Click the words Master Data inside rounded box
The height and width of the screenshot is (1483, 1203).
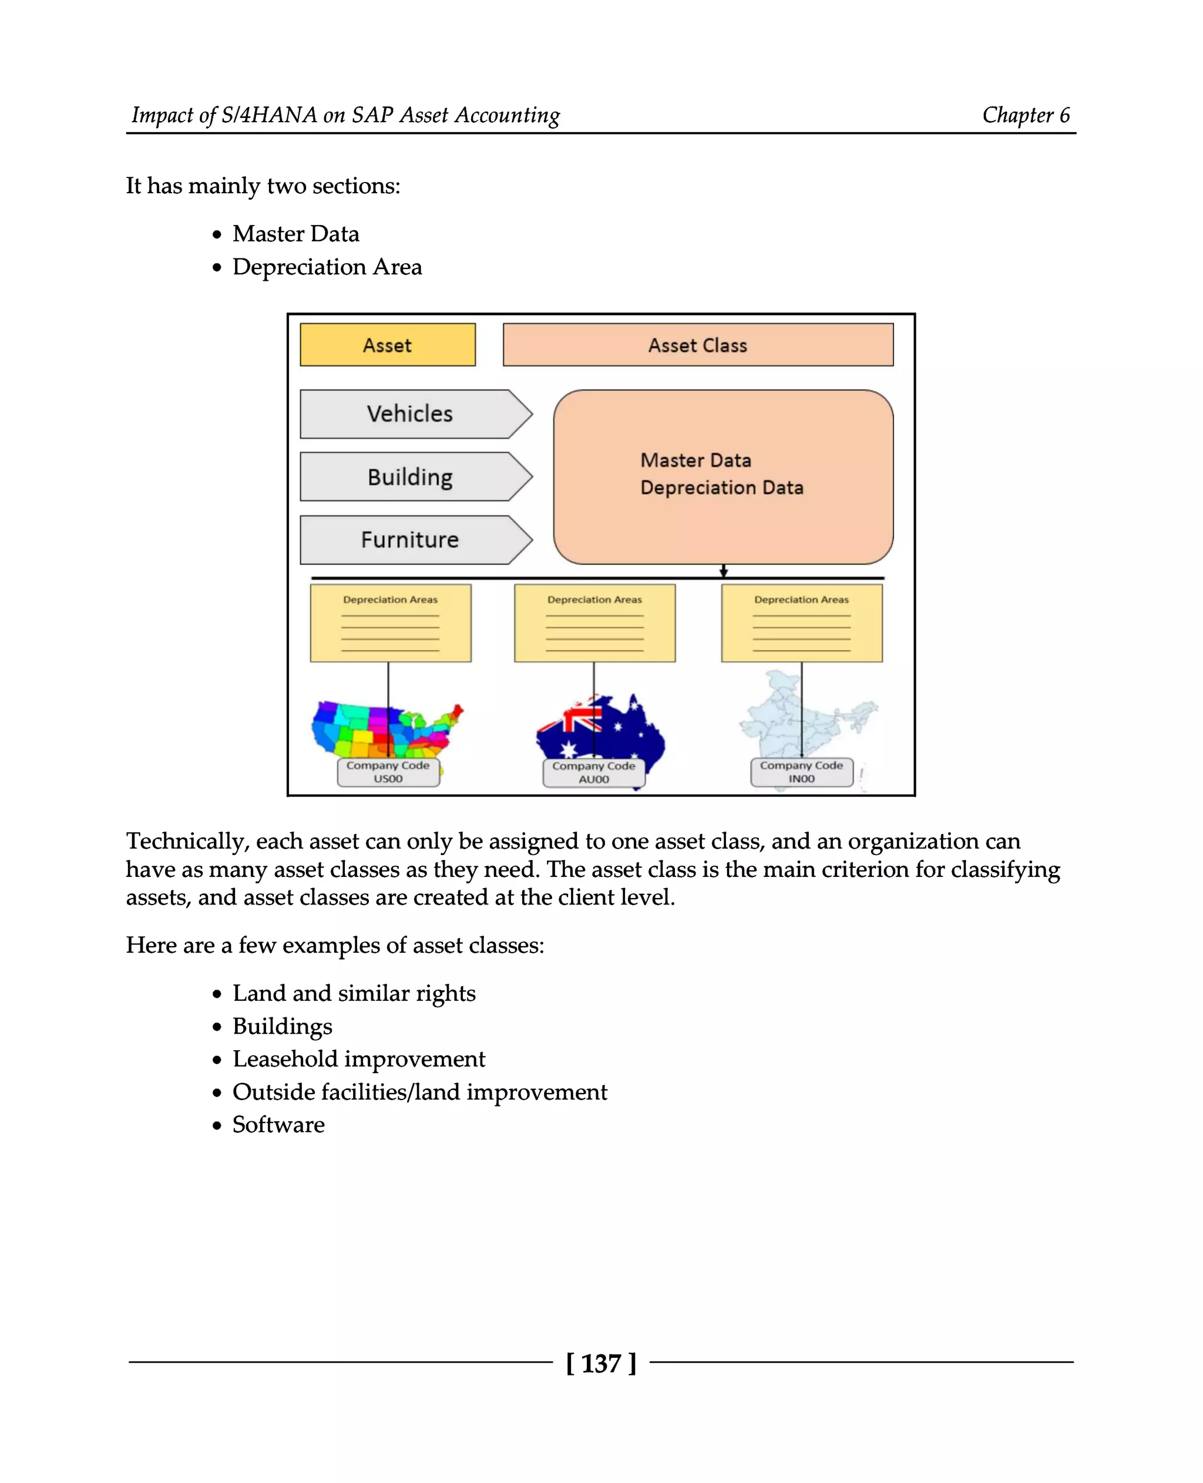[x=695, y=460]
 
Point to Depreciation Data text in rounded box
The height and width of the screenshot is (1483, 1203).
[x=721, y=488]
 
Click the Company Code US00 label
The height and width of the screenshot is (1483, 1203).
[x=388, y=772]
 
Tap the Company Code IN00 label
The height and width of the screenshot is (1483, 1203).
[x=801, y=772]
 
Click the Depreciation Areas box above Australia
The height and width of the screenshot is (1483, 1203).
[x=594, y=623]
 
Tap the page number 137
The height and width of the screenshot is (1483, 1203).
[x=601, y=1363]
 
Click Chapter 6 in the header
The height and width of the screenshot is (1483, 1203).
[x=1026, y=115]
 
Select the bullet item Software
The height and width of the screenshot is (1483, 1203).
[x=278, y=1124]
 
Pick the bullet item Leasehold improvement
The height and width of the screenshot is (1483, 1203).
[x=358, y=1058]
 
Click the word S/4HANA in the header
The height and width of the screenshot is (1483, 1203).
[x=269, y=115]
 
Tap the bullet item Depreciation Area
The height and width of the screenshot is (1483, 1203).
[x=327, y=267]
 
